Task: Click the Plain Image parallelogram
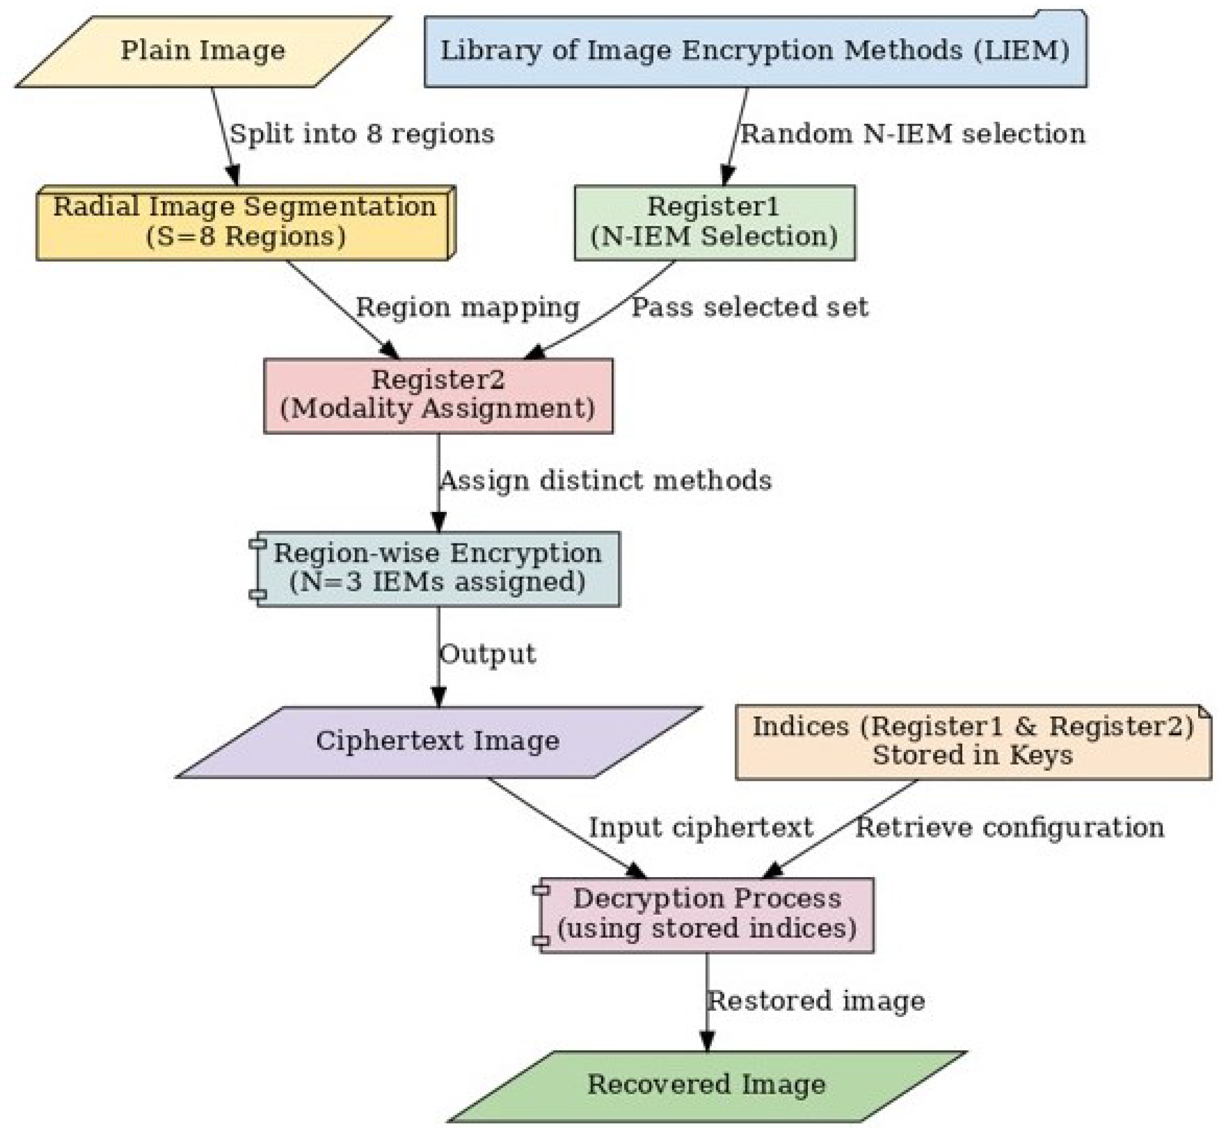[203, 52]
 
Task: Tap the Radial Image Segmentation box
[245, 223]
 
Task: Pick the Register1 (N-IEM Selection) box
[714, 223]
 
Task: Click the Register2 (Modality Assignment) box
[438, 395]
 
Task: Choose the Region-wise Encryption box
[438, 568]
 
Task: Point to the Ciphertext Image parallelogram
[438, 741]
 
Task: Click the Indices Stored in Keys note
[973, 741]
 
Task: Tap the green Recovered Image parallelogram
[707, 1085]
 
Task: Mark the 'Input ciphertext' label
[701, 828]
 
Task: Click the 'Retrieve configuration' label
[1009, 828]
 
